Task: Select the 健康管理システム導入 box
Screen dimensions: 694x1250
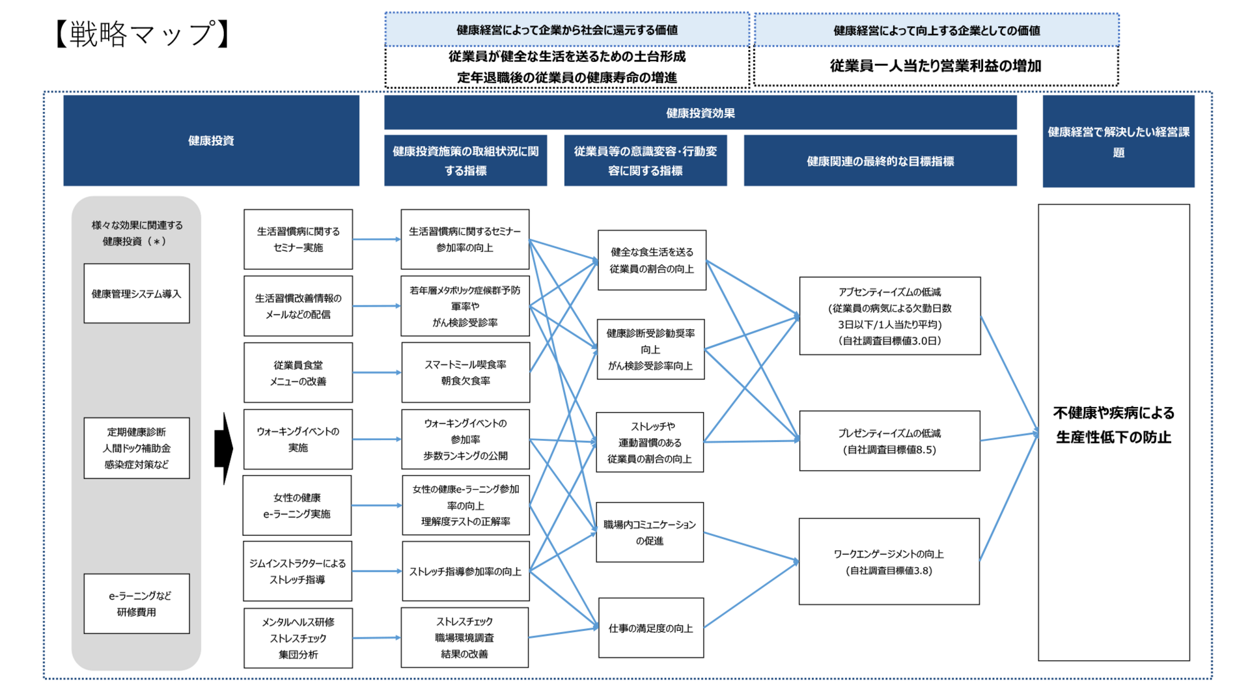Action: pyautogui.click(x=137, y=294)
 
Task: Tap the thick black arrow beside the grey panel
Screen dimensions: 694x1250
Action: pyautogui.click(x=224, y=448)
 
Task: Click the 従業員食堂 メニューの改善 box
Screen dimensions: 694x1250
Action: pyautogui.click(x=298, y=373)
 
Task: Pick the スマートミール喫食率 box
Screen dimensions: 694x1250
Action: pyautogui.click(x=465, y=373)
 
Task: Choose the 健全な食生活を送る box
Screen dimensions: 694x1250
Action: pyautogui.click(x=652, y=260)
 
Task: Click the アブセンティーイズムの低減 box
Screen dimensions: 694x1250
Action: pyautogui.click(x=889, y=316)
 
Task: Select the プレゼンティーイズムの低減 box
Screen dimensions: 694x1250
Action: pyautogui.click(x=889, y=441)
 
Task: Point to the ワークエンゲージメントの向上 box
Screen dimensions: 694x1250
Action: pyautogui.click(x=889, y=562)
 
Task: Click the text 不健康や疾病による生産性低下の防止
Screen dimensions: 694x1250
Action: pyautogui.click(x=1113, y=424)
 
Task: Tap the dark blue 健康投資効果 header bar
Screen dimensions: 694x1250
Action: pyautogui.click(x=700, y=113)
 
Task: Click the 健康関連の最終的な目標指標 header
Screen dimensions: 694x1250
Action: pyautogui.click(x=880, y=161)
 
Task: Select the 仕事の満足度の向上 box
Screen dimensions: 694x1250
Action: pyautogui.click(x=651, y=628)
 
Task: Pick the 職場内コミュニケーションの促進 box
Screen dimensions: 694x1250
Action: pyautogui.click(x=650, y=533)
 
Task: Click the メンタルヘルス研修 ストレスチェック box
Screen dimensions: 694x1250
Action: pyautogui.click(x=298, y=638)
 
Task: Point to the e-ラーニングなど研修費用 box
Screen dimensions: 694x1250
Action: pyautogui.click(x=137, y=604)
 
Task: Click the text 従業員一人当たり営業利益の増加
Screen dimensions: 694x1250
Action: pyautogui.click(x=936, y=66)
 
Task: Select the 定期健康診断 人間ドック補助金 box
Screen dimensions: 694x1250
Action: pyautogui.click(x=137, y=448)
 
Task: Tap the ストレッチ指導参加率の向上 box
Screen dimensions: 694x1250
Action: pyautogui.click(x=465, y=572)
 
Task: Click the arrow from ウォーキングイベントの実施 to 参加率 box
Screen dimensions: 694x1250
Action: pyautogui.click(x=376, y=439)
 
